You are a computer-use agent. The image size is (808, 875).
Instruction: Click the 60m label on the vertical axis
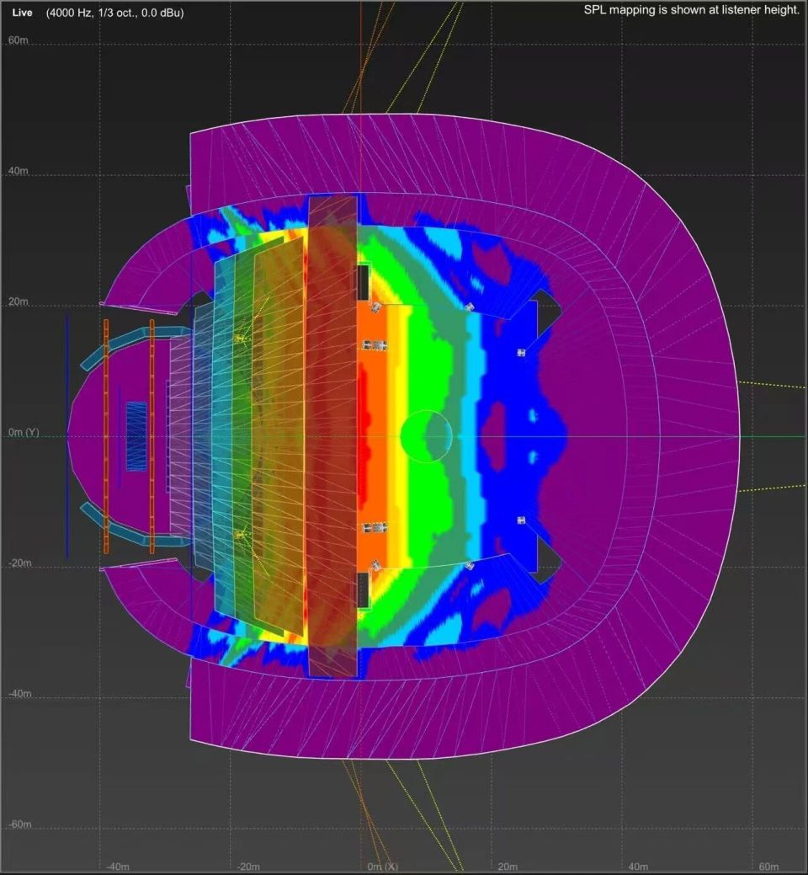pyautogui.click(x=18, y=40)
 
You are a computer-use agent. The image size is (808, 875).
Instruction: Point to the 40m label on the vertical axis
pyautogui.click(x=18, y=171)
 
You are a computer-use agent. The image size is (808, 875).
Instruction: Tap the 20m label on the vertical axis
pyautogui.click(x=18, y=301)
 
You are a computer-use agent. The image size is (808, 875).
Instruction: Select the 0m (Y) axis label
pyautogui.click(x=24, y=433)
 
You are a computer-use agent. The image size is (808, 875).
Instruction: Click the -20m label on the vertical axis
pyautogui.click(x=19, y=563)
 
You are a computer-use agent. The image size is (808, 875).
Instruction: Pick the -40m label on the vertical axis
pyautogui.click(x=19, y=694)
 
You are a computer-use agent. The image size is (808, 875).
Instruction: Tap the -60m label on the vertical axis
pyautogui.click(x=19, y=824)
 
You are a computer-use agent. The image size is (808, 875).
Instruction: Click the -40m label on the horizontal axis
pyautogui.click(x=118, y=867)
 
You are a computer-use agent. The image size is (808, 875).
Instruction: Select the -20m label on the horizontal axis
pyautogui.click(x=248, y=867)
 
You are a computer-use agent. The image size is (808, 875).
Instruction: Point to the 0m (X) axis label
pyautogui.click(x=382, y=867)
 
